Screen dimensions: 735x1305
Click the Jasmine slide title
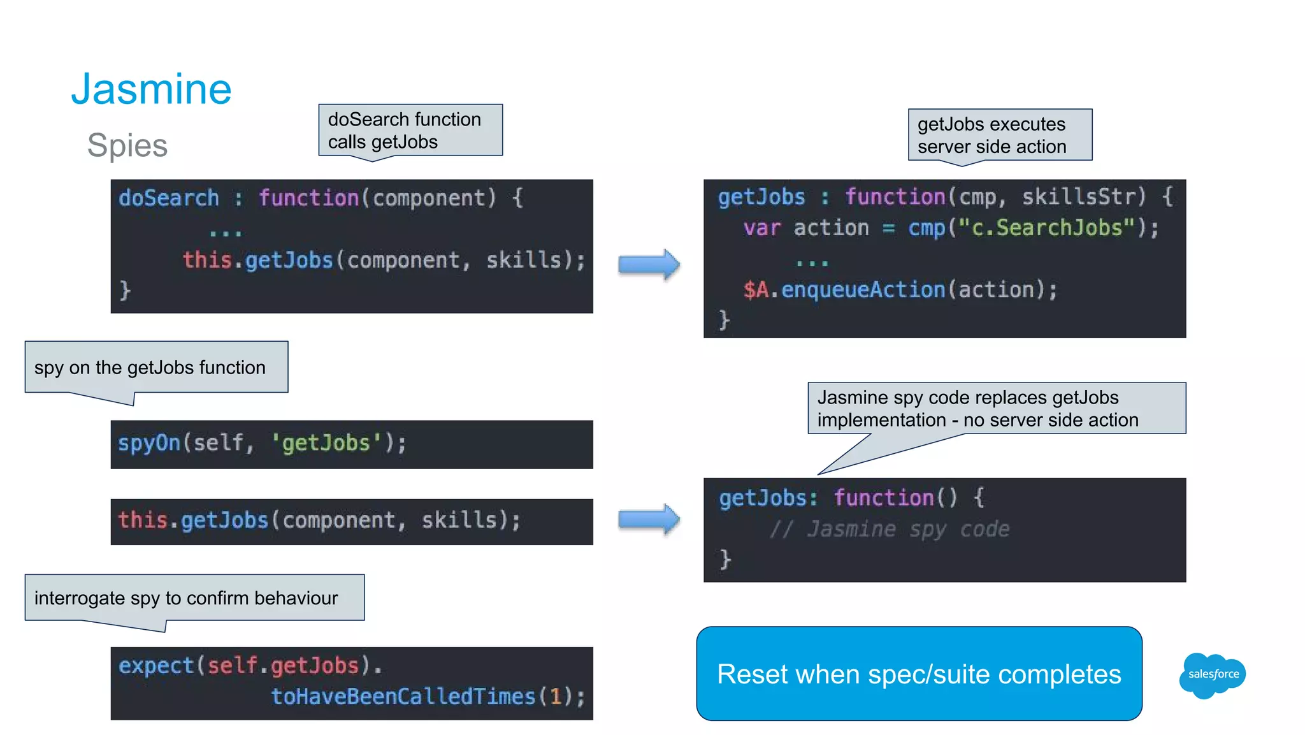(x=151, y=89)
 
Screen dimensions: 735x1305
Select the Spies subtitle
(x=127, y=145)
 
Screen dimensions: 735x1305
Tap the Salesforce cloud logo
(x=1213, y=674)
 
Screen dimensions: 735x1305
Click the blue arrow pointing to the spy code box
(x=649, y=520)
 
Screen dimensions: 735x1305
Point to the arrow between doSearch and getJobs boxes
(x=649, y=265)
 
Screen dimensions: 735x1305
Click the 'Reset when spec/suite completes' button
(x=919, y=674)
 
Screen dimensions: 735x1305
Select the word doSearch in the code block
(x=169, y=198)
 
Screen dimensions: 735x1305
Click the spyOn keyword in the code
(x=149, y=442)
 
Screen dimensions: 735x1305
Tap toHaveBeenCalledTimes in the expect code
(x=403, y=696)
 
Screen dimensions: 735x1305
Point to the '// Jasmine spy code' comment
(x=890, y=529)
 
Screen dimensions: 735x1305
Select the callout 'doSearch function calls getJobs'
(x=410, y=130)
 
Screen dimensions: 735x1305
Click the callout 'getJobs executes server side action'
(x=1000, y=135)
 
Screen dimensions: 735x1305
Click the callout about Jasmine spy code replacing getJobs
(x=997, y=409)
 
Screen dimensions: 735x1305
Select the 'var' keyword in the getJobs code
(x=761, y=228)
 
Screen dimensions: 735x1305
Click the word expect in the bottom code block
(x=156, y=666)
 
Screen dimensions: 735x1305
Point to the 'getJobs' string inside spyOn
(x=326, y=442)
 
